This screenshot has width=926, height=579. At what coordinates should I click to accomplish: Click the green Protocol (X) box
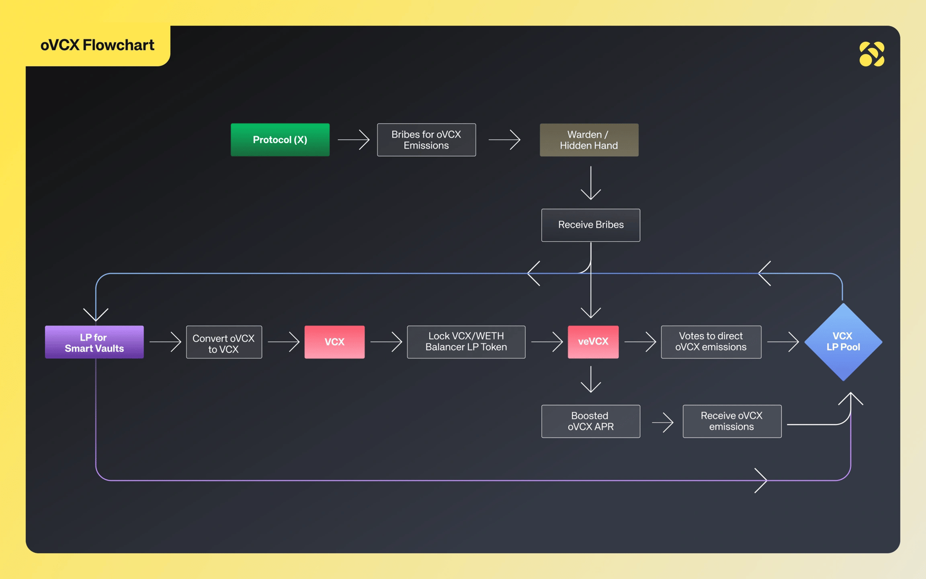pyautogui.click(x=280, y=140)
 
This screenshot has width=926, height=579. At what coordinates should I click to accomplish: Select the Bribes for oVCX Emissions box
pyautogui.click(x=426, y=140)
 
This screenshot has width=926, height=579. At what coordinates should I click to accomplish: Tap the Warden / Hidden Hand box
pyautogui.click(x=589, y=140)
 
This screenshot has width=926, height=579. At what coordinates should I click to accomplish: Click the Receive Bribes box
pyautogui.click(x=591, y=225)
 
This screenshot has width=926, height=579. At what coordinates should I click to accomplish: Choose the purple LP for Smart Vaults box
pyautogui.click(x=95, y=342)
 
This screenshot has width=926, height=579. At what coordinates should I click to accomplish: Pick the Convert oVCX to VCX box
pyautogui.click(x=224, y=342)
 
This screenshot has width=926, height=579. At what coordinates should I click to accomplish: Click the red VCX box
pyautogui.click(x=334, y=342)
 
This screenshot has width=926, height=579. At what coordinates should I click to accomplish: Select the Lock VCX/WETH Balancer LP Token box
pyautogui.click(x=466, y=342)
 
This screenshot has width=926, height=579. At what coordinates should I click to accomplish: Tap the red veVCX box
pyautogui.click(x=593, y=342)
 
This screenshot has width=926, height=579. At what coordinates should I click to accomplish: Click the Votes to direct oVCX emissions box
pyautogui.click(x=711, y=342)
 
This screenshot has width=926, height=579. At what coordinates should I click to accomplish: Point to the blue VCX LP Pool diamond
pyautogui.click(x=843, y=342)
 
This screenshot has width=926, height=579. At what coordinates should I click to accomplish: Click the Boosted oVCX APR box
pyautogui.click(x=591, y=421)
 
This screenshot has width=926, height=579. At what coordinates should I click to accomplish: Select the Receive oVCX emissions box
pyautogui.click(x=732, y=421)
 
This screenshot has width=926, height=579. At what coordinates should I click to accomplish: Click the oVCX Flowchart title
pyautogui.click(x=97, y=45)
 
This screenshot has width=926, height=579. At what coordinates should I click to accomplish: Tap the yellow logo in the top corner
pyautogui.click(x=872, y=54)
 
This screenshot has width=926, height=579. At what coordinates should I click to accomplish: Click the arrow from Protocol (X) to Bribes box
pyautogui.click(x=354, y=140)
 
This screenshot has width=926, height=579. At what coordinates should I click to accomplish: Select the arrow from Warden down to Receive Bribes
pyautogui.click(x=591, y=183)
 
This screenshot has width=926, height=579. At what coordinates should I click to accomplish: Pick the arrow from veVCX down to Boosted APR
pyautogui.click(x=591, y=380)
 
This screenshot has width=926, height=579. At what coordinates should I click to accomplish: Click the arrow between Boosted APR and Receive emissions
pyautogui.click(x=663, y=422)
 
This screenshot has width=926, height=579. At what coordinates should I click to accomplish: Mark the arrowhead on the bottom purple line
pyautogui.click(x=761, y=481)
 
